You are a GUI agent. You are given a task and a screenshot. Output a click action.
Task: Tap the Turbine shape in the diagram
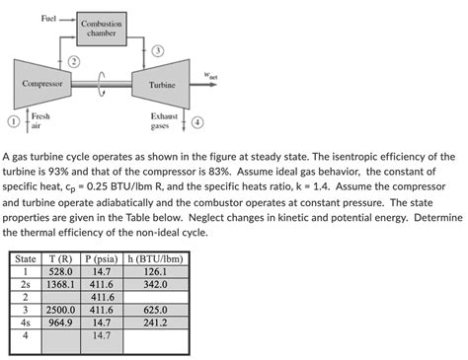coord(161,86)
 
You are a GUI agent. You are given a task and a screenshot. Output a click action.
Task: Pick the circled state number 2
coord(72,62)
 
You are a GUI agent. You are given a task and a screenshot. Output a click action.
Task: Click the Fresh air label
coord(40,122)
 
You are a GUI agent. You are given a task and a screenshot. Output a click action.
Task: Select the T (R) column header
coord(58,258)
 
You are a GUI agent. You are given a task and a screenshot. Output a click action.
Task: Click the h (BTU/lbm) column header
coord(154,258)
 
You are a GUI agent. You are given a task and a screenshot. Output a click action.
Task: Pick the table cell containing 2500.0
coord(58,309)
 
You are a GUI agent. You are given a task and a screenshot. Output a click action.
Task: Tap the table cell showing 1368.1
coord(58,283)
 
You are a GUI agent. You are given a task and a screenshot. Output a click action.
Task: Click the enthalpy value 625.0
coord(154,309)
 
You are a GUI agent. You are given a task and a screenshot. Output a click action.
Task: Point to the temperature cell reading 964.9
coord(58,322)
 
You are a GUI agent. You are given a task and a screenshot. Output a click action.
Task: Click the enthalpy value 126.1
coord(154,270)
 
